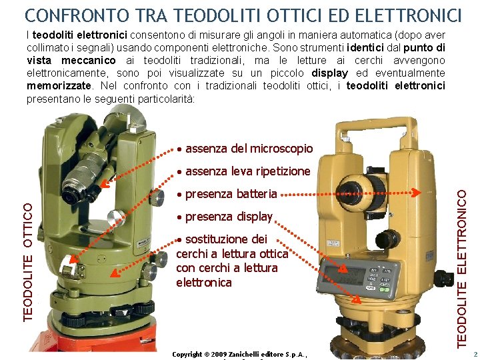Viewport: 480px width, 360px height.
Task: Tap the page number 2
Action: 475,355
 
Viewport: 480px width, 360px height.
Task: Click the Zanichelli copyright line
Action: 239,354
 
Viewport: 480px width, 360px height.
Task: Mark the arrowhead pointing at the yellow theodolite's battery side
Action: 417,194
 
